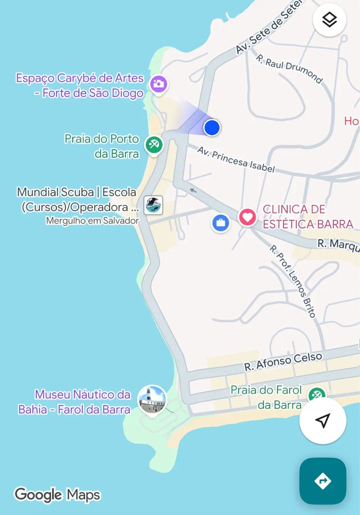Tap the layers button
click(x=329, y=20)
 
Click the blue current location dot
click(x=211, y=128)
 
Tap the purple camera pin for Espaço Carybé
click(x=159, y=84)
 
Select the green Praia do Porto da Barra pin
click(x=153, y=144)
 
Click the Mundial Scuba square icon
click(x=153, y=205)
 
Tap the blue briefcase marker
click(x=221, y=222)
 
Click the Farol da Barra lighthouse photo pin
click(x=151, y=400)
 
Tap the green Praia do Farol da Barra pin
click(x=317, y=395)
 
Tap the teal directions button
click(x=323, y=481)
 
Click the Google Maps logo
click(x=57, y=495)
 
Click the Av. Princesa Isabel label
click(x=236, y=159)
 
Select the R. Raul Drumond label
click(x=289, y=69)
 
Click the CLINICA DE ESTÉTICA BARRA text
click(x=308, y=216)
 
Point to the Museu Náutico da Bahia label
click(x=74, y=402)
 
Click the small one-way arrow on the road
click(x=194, y=190)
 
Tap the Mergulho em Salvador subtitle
click(x=92, y=220)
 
